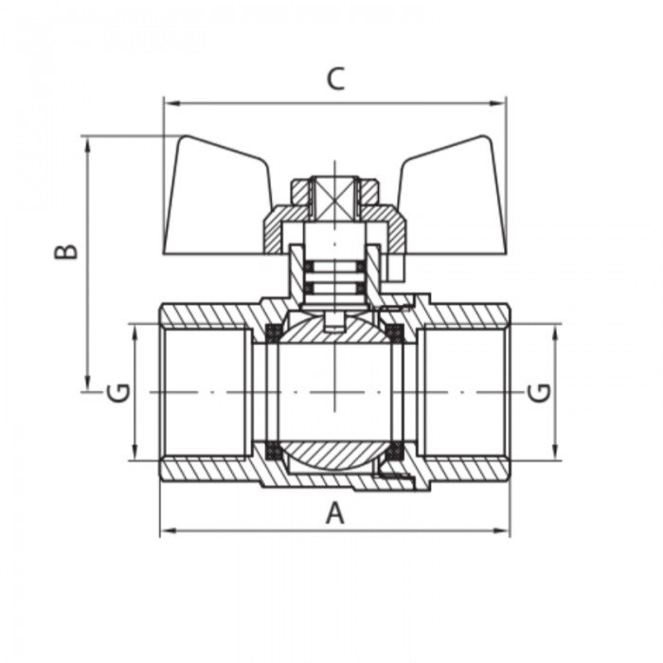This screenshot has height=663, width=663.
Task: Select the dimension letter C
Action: pyautogui.click(x=335, y=80)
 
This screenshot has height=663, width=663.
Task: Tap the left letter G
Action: pyautogui.click(x=118, y=391)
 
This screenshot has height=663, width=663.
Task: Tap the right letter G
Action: pyautogui.click(x=539, y=391)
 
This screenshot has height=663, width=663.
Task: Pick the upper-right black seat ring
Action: pyautogui.click(x=397, y=331)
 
